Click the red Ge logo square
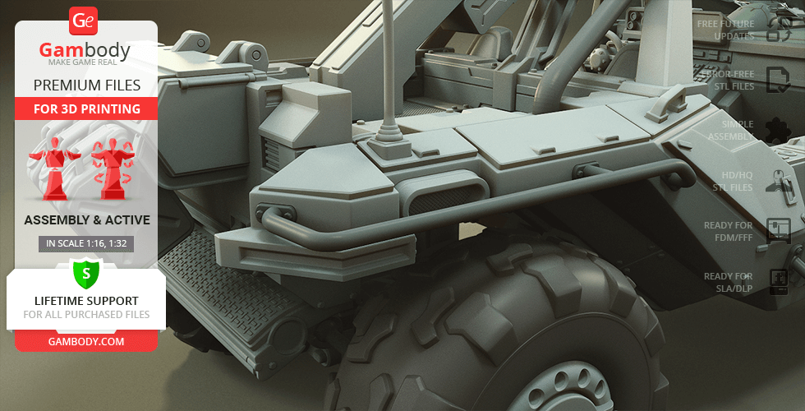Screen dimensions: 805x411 [83, 21]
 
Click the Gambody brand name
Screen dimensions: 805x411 [85, 50]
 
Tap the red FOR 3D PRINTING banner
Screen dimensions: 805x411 [86, 109]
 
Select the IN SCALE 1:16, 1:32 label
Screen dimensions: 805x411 [86, 243]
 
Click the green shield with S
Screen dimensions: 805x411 [85, 273]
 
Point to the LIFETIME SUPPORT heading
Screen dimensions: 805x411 [86, 301]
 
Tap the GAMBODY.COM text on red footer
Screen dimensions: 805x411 [86, 341]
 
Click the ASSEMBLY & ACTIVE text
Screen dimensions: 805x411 [87, 220]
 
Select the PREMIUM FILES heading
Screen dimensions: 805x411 [87, 85]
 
